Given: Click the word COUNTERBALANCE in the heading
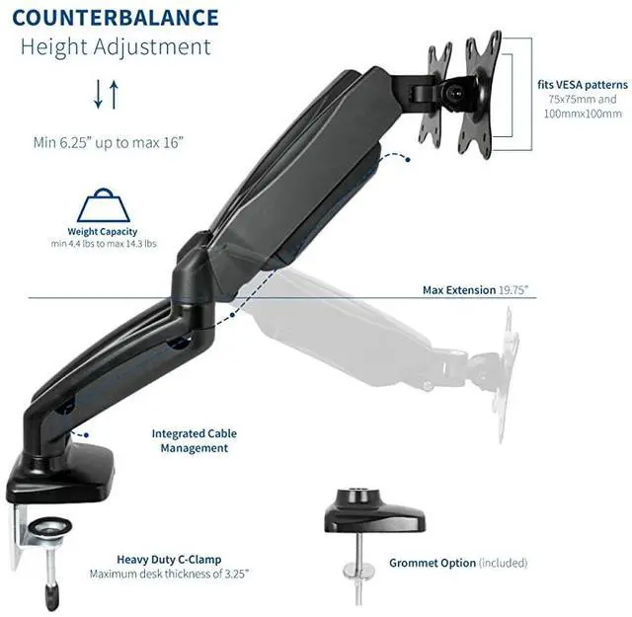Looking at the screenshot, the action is pyautogui.click(x=116, y=18).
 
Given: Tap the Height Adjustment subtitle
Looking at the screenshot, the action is pyautogui.click(x=116, y=46).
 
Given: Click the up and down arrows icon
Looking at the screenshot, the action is pyautogui.click(x=106, y=96).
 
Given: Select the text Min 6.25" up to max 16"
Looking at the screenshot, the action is pyautogui.click(x=108, y=142).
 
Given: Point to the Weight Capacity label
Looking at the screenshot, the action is pyautogui.click(x=103, y=232).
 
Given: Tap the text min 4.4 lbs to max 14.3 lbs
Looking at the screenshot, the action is pyautogui.click(x=103, y=244).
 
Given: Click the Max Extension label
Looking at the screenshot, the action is pyautogui.click(x=458, y=290).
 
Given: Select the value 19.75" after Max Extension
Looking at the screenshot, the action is pyautogui.click(x=513, y=290).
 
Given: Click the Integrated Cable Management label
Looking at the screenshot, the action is pyautogui.click(x=194, y=440).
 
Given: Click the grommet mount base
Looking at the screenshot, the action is pyautogui.click(x=375, y=514).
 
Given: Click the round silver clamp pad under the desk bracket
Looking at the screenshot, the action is pyautogui.click(x=45, y=534).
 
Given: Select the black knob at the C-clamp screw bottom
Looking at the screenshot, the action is pyautogui.click(x=51, y=596).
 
